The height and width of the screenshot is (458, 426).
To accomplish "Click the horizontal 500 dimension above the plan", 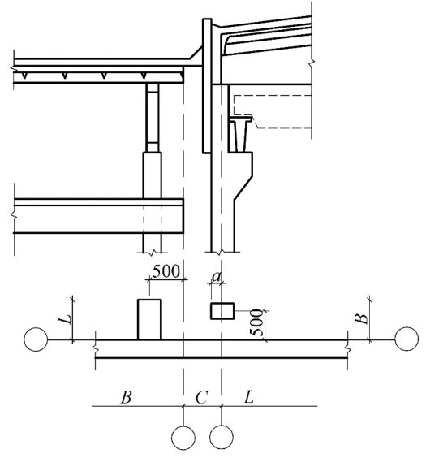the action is pyautogui.click(x=166, y=271).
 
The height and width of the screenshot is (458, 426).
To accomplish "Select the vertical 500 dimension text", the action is pyautogui.click(x=256, y=322).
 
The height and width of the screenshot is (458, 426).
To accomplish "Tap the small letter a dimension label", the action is pyautogui.click(x=217, y=276).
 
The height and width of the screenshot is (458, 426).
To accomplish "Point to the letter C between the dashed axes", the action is pyautogui.click(x=201, y=398).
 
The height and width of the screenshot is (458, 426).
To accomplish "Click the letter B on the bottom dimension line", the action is pyautogui.click(x=126, y=398).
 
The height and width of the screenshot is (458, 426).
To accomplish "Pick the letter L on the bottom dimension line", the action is pyautogui.click(x=249, y=397).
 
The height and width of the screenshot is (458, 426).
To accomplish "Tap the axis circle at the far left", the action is pyautogui.click(x=36, y=339).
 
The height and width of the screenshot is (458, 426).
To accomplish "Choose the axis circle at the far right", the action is pyautogui.click(x=407, y=339).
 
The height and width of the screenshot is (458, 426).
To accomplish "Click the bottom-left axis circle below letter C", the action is pyautogui.click(x=183, y=437).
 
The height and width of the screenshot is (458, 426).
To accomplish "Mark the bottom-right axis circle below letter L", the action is pyautogui.click(x=222, y=437).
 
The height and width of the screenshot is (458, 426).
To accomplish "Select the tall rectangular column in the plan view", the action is pyautogui.click(x=149, y=320).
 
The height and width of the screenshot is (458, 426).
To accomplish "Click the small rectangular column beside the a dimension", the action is pyautogui.click(x=222, y=311).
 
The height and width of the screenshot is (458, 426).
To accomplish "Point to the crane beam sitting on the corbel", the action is pyautogui.click(x=240, y=134).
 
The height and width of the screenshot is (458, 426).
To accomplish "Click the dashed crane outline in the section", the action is pyautogui.click(x=273, y=111).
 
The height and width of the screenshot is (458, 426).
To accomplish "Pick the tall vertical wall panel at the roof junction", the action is pyautogui.click(x=207, y=86).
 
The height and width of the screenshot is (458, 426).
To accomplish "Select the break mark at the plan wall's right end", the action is pyautogui.click(x=347, y=348).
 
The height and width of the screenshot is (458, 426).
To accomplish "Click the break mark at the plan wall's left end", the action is pyautogui.click(x=96, y=348).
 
